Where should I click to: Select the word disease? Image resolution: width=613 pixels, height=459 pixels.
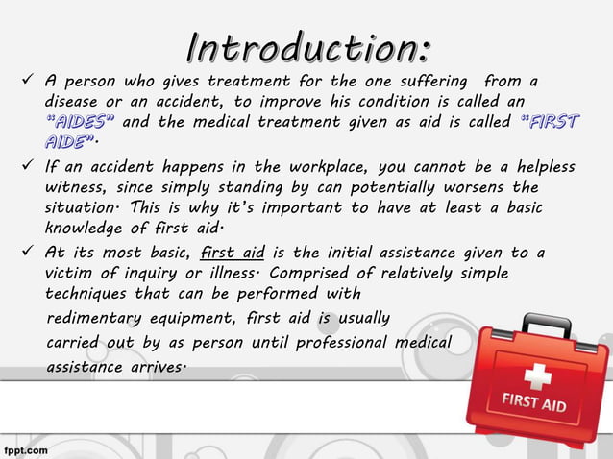pos(78,102)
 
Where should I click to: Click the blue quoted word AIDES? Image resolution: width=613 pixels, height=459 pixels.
pos(81,122)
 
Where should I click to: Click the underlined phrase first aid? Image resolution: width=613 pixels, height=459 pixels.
pos(231,253)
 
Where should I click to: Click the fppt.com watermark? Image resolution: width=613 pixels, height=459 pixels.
pos(25,448)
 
